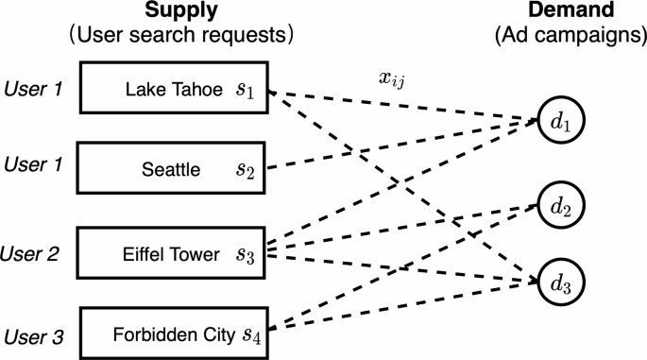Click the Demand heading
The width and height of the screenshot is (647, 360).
(565, 13)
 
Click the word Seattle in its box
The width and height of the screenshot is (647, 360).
(170, 170)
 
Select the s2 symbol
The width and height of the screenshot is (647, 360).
(246, 170)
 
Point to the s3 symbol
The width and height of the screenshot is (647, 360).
(246, 253)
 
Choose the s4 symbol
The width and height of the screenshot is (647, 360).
(251, 334)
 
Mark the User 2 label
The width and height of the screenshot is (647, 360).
(32, 253)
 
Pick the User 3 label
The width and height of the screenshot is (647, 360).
(32, 334)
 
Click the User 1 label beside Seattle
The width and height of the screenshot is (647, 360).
(32, 165)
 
